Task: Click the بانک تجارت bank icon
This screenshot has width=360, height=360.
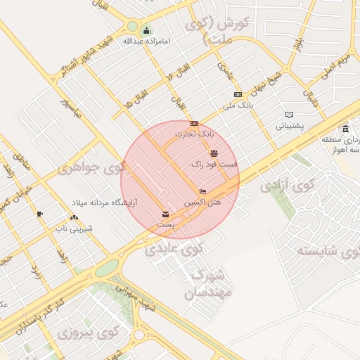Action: click(194, 123)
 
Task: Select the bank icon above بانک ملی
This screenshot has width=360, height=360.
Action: click(238, 95)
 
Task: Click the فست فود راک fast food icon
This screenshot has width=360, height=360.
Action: click(214, 153)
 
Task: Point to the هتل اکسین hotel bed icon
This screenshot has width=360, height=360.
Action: click(202, 191)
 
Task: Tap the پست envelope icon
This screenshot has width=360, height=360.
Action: click(165, 214)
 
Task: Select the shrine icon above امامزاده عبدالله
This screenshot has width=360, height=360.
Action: click(146, 30)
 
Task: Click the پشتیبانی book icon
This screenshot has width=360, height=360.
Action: click(290, 115)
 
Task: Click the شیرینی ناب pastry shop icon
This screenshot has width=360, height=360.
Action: click(74, 216)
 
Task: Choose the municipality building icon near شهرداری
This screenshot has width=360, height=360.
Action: click(345, 129)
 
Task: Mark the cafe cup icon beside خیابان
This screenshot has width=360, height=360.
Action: click(39, 214)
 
